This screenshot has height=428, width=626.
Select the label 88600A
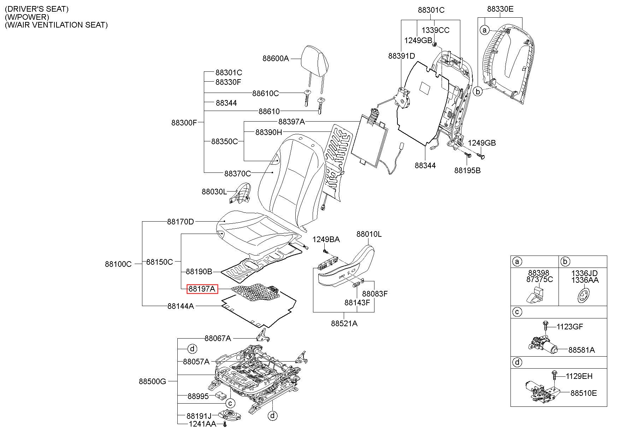pyautogui.click(x=276, y=58)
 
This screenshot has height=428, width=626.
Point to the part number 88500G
pyautogui.click(x=152, y=381)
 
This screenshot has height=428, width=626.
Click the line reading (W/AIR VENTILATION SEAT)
pyautogui.click(x=56, y=25)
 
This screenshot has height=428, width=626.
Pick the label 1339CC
pyautogui.click(x=436, y=30)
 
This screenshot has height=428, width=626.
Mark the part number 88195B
pyautogui.click(x=467, y=170)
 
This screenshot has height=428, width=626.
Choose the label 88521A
pyautogui.click(x=344, y=323)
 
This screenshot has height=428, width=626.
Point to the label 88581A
pyautogui.click(x=581, y=350)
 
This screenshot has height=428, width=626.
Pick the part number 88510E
pyautogui.click(x=584, y=393)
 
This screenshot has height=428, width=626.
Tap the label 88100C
pyautogui.click(x=118, y=264)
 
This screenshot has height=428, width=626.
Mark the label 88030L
pyautogui.click(x=214, y=192)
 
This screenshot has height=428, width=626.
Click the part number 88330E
pyautogui.click(x=500, y=9)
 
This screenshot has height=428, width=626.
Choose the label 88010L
pyautogui.click(x=369, y=234)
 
